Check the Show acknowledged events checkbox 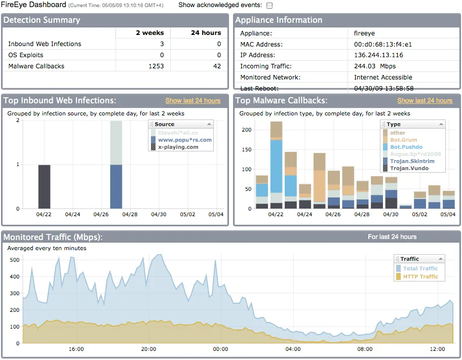(x=269, y=6)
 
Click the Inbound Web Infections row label (x=45, y=44)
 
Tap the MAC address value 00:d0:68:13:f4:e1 (x=383, y=44)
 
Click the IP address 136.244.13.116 (x=378, y=55)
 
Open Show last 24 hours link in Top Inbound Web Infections (x=192, y=101)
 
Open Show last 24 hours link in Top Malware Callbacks (x=425, y=101)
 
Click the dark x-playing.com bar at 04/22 (x=45, y=186)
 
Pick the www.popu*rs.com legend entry (x=184, y=140)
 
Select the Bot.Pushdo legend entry (x=406, y=147)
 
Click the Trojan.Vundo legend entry (x=409, y=168)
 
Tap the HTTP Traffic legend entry (x=420, y=276)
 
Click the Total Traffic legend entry (x=420, y=268)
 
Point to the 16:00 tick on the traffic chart (x=76, y=349)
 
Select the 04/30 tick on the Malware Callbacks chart (x=391, y=215)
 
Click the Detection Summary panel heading (x=42, y=20)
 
